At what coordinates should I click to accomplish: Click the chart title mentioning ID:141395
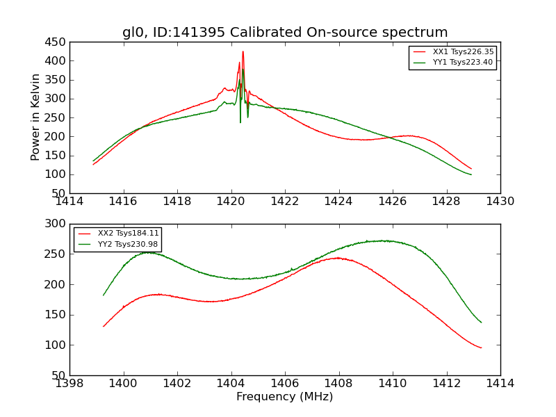click(285, 33)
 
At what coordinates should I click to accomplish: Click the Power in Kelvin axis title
click(35, 117)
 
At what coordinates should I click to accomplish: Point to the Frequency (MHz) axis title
click(285, 397)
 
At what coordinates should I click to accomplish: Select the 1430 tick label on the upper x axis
click(500, 202)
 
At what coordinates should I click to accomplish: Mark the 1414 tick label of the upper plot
click(69, 202)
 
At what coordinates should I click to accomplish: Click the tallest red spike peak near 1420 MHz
click(243, 51)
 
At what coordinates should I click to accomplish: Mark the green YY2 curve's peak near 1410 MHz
click(384, 240)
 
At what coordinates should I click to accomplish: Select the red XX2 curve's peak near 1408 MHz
click(338, 258)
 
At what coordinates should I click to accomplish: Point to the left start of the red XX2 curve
click(104, 326)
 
